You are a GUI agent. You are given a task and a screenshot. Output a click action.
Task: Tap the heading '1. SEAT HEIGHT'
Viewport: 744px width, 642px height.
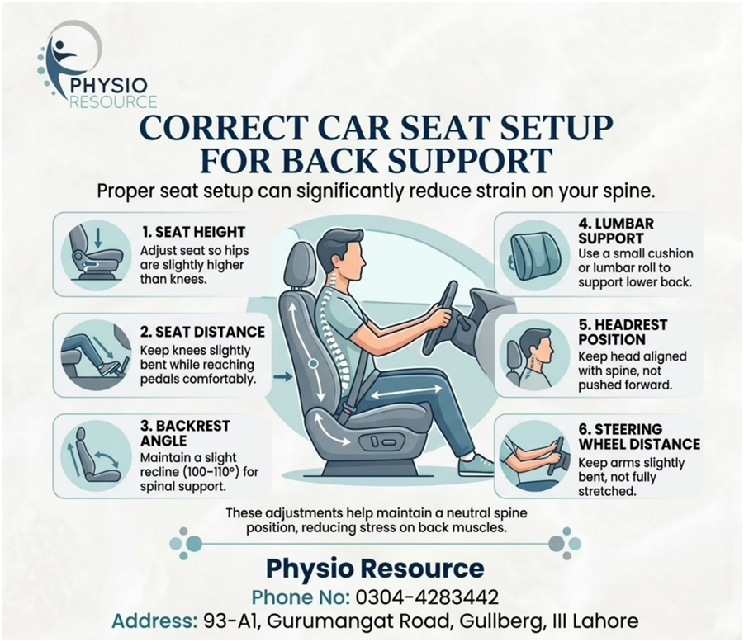click(x=193, y=232)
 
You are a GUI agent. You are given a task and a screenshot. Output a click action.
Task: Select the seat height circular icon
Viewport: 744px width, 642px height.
click(x=97, y=254)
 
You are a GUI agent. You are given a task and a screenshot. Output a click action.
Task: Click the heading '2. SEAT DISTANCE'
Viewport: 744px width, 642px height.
click(x=202, y=332)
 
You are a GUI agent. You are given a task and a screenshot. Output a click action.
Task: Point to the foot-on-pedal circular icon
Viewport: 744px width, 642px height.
click(x=97, y=355)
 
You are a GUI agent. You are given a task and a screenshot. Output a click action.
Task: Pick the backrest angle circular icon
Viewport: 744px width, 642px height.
click(x=97, y=456)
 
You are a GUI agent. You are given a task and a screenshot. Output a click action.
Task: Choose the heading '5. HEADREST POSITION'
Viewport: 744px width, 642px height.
click(x=623, y=332)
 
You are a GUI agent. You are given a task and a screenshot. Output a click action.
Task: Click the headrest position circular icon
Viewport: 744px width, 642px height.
click(x=534, y=355)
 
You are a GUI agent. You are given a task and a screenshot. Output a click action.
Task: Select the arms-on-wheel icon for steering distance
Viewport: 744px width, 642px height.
click(x=534, y=456)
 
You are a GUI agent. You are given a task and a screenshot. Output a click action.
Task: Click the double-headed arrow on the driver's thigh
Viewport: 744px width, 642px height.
click(x=405, y=392)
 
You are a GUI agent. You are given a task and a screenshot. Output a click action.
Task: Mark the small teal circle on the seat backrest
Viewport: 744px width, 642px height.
click(x=312, y=364)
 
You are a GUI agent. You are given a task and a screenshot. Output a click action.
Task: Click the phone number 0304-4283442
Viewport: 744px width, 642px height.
click(x=427, y=597)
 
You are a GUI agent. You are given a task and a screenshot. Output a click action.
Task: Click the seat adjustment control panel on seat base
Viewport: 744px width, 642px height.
click(x=383, y=443)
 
